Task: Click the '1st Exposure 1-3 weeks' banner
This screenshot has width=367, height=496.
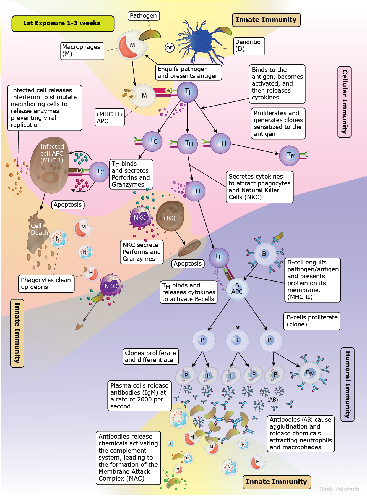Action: (x=63, y=23)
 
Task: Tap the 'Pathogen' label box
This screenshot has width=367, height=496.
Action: (x=143, y=16)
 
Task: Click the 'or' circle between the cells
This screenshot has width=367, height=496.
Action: (x=169, y=48)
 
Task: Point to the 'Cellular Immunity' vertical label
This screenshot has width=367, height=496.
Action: (x=344, y=102)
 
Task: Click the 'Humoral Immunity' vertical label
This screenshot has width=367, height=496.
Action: (x=347, y=384)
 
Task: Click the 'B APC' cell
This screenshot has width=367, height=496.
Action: (x=237, y=289)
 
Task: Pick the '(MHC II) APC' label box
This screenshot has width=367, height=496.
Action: (x=109, y=117)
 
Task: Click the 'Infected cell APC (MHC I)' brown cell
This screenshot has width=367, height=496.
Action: (x=50, y=166)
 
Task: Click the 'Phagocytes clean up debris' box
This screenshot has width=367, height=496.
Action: (x=46, y=284)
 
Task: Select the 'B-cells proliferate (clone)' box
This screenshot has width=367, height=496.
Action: (x=312, y=321)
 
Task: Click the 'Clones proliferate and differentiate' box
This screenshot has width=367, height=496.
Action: (x=150, y=356)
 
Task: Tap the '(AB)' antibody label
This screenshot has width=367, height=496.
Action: (x=272, y=400)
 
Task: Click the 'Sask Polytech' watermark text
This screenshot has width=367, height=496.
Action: (x=339, y=489)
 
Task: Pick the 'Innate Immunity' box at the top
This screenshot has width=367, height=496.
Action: (x=266, y=20)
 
